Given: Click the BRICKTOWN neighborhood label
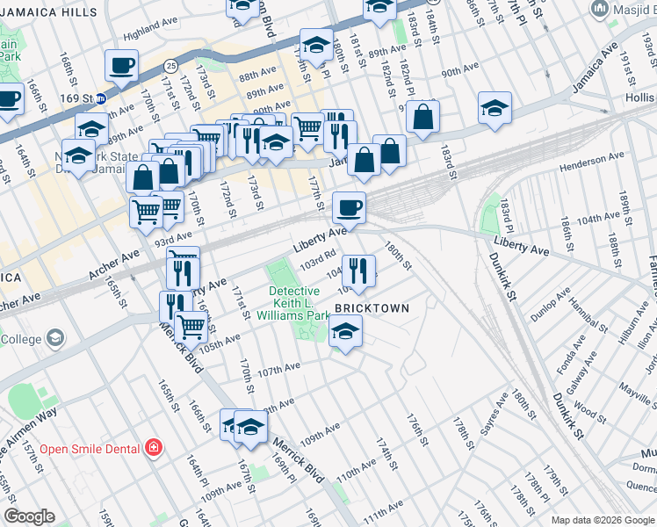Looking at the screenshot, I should point(372,308).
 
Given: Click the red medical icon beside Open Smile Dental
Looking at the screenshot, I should point(154,449).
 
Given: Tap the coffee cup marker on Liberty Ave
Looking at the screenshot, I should point(349,208).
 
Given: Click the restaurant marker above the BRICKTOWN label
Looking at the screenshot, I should point(358,270).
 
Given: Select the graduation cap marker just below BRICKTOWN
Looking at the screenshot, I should point(346,332).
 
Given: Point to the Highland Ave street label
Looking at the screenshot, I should point(144,35).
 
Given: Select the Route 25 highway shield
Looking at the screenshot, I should point(171,66).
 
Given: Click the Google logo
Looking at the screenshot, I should point(29,516).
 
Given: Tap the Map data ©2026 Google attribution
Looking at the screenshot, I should point(602,520).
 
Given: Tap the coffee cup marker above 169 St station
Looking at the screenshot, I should point(121,64).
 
